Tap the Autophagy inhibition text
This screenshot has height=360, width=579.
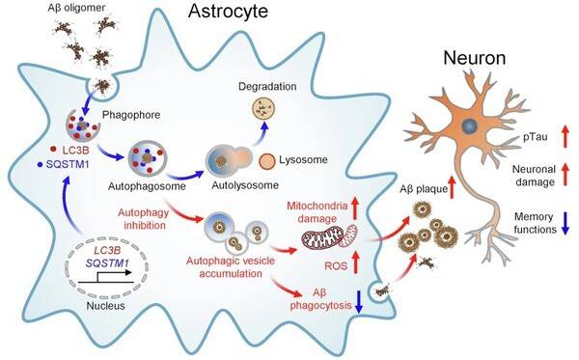150,216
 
